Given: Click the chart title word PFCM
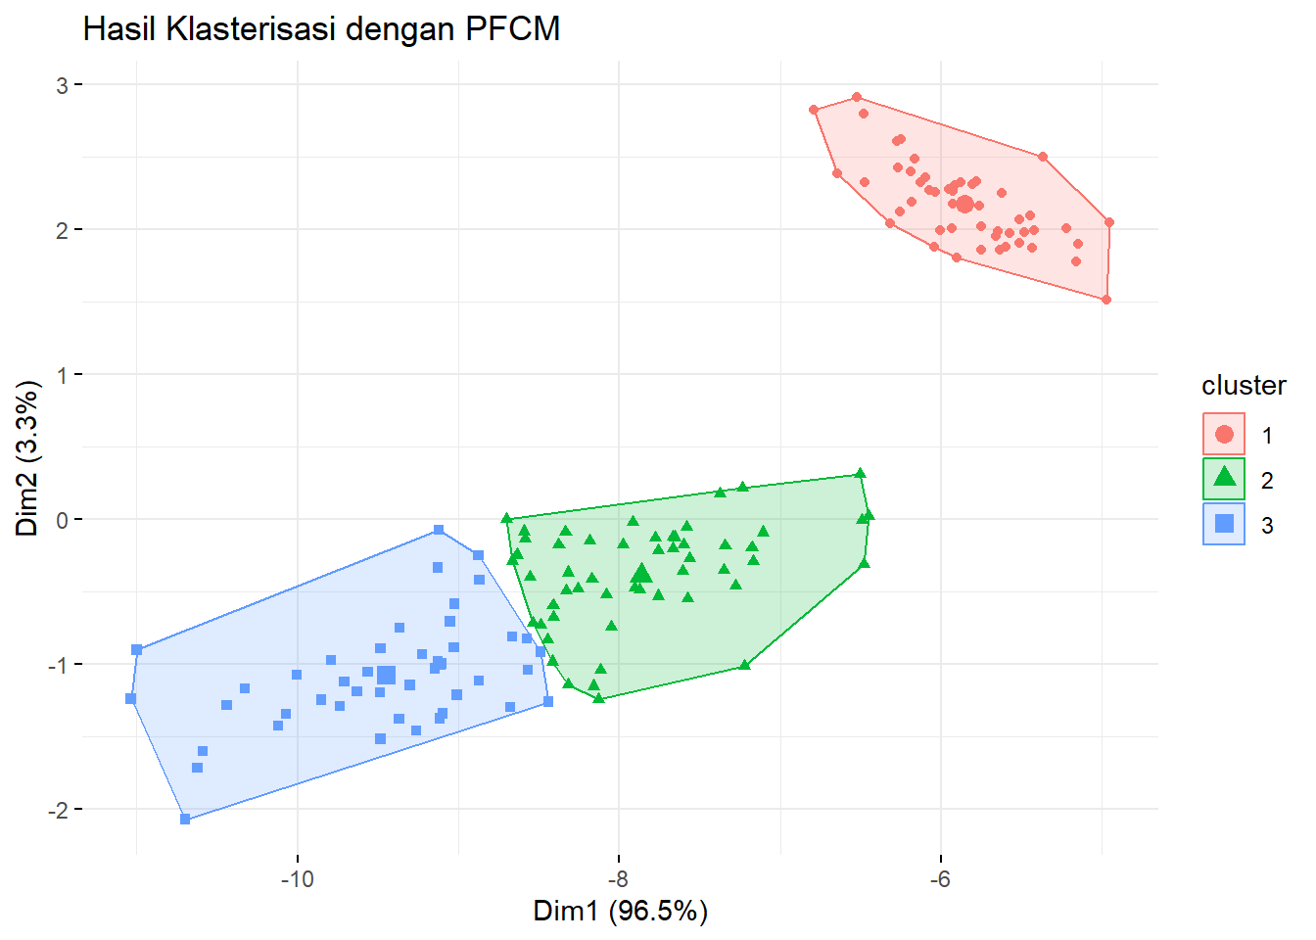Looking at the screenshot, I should [x=512, y=29].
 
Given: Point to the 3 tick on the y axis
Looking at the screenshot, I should [x=62, y=85].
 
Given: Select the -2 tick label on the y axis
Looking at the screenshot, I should [x=57, y=810].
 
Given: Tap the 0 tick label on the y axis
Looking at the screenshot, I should [x=62, y=520].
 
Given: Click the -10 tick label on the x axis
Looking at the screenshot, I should [x=297, y=879].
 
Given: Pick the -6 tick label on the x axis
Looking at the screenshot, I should [x=940, y=879].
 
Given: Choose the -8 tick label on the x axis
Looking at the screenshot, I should [x=618, y=879].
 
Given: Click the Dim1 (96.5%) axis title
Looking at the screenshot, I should [x=620, y=912].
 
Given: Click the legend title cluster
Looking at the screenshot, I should [x=1244, y=386].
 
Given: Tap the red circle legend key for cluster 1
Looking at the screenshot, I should [x=1224, y=434].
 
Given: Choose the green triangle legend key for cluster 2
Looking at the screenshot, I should [x=1224, y=478].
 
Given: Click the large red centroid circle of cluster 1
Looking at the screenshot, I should [x=964, y=204].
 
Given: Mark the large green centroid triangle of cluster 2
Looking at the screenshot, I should [x=642, y=573].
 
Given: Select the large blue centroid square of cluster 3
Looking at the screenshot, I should [x=386, y=676].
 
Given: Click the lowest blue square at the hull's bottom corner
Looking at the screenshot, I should [x=185, y=819].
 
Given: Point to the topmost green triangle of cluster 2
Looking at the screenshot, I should [x=860, y=473].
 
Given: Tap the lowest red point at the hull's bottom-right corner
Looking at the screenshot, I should [x=1106, y=300].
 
